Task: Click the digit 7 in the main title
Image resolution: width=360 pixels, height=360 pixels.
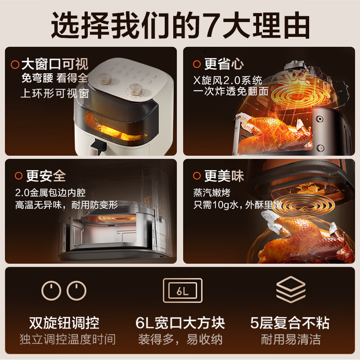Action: point(211,25)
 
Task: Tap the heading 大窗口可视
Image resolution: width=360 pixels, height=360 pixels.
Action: point(54,64)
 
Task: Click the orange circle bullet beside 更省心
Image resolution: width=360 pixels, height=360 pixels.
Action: point(197,64)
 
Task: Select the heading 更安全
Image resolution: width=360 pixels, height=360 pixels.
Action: point(46,176)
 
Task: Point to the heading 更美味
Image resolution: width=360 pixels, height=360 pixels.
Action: point(224,176)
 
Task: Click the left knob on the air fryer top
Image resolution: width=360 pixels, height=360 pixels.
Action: point(105,79)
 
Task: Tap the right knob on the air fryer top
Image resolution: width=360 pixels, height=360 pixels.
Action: point(135,90)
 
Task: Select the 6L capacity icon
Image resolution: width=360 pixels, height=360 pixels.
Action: point(183,290)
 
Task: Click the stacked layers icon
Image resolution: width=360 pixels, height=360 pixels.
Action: point(291,289)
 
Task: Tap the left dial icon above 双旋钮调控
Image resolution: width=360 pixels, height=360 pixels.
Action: point(51,290)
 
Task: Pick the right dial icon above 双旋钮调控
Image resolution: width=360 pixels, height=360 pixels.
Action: point(76,290)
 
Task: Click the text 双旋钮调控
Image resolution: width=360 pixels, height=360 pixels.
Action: point(64,323)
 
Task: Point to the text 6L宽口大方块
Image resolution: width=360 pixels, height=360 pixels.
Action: point(180,323)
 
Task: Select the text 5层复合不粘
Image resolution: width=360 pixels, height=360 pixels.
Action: point(290,323)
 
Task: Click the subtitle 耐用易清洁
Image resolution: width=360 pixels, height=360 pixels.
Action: point(291,339)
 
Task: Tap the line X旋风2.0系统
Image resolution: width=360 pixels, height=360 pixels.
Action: point(228,81)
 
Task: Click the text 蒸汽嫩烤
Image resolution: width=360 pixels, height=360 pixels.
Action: point(211,193)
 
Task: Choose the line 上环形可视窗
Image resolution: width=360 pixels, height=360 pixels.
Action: point(54,94)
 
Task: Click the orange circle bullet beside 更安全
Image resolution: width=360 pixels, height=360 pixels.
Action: point(18,176)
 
